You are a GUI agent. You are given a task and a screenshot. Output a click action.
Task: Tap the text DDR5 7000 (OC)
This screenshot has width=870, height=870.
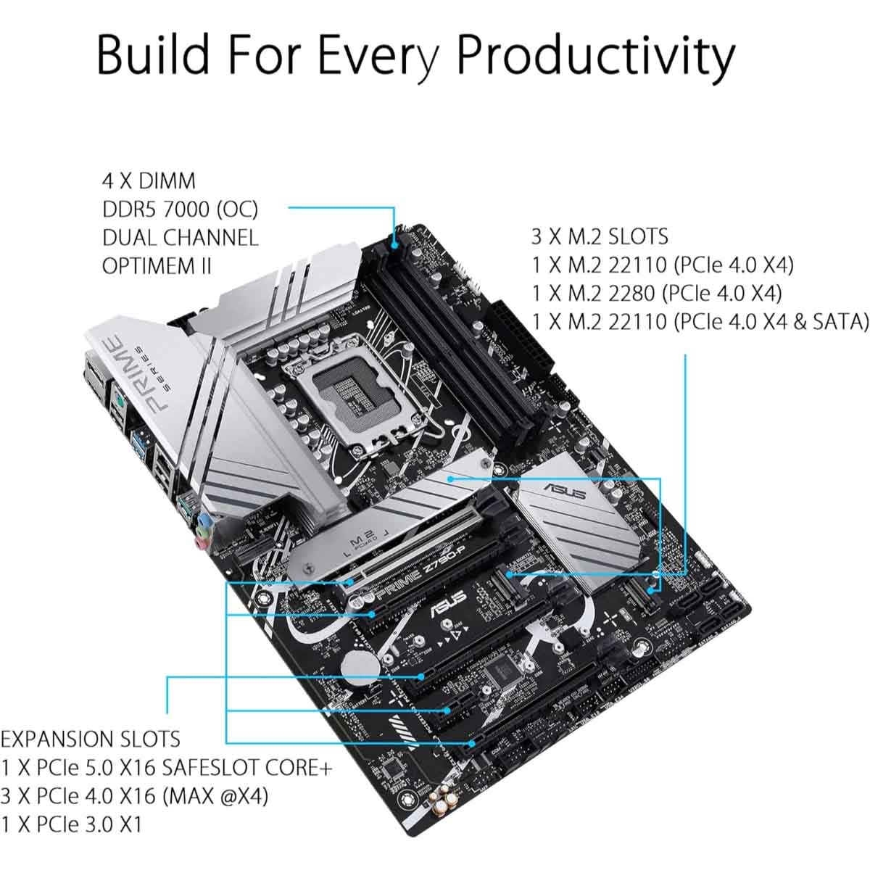tap(180, 209)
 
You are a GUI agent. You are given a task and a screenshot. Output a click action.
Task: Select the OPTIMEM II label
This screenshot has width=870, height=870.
tap(157, 265)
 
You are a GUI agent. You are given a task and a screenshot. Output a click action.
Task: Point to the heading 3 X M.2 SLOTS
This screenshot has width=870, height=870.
tap(600, 236)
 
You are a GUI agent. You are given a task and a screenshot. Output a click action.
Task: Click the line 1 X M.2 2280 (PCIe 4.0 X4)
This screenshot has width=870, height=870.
tap(657, 293)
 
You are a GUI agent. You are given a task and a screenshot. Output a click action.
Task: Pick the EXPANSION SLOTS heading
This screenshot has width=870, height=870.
tap(91, 739)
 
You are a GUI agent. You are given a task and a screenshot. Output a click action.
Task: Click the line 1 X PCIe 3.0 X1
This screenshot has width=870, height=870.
tap(72, 824)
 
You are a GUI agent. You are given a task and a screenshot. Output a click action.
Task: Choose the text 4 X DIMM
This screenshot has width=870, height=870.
tap(148, 181)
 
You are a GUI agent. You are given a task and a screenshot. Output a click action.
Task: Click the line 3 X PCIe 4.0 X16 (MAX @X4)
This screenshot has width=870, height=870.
tap(134, 796)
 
